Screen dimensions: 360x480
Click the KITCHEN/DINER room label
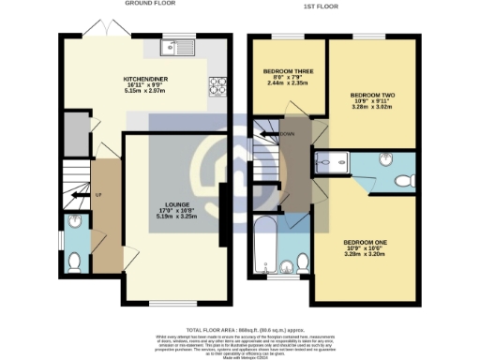click(x=145, y=80)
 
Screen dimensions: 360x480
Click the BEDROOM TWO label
click(x=371, y=96)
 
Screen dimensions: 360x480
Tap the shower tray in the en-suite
click(x=331, y=161)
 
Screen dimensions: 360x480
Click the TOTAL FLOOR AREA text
click(x=239, y=330)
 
